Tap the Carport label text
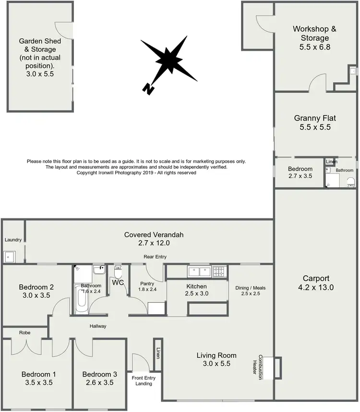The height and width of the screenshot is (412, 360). point(316,279)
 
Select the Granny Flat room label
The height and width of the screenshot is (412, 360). point(315,118)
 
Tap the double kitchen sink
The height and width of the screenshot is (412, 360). point(199,272)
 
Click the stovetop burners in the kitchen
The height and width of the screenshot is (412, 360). point(219,272)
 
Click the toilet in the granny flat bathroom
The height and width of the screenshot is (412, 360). point(351,182)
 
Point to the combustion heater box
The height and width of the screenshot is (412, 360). point(277,367)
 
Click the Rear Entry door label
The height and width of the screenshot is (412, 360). point(155,257)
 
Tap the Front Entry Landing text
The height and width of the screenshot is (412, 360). point(144,381)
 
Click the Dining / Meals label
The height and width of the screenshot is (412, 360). point(250,288)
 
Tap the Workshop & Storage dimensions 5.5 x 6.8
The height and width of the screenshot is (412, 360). point(314,47)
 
